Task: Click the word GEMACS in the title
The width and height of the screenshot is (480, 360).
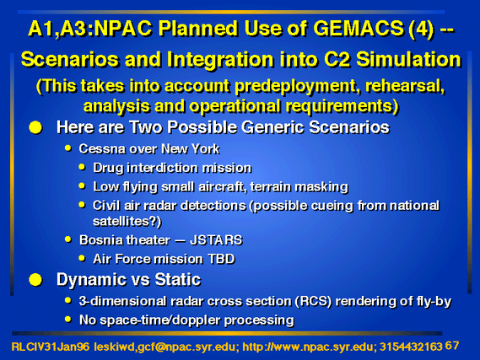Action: point(359,29)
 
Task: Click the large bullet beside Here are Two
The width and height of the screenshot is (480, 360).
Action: point(35,127)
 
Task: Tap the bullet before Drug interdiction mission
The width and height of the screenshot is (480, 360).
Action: point(82,167)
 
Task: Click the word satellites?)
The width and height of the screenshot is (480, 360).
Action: point(127,221)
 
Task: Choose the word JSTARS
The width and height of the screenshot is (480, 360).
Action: point(216,240)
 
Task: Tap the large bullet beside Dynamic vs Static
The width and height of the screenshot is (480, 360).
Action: point(35,280)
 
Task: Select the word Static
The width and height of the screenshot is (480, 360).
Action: point(178,280)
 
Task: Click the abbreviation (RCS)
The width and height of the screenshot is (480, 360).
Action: point(314,302)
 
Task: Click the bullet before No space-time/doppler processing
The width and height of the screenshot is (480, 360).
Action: point(68,320)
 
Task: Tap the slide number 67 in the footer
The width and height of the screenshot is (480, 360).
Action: point(452,346)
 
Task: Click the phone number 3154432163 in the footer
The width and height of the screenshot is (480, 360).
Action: point(411,347)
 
